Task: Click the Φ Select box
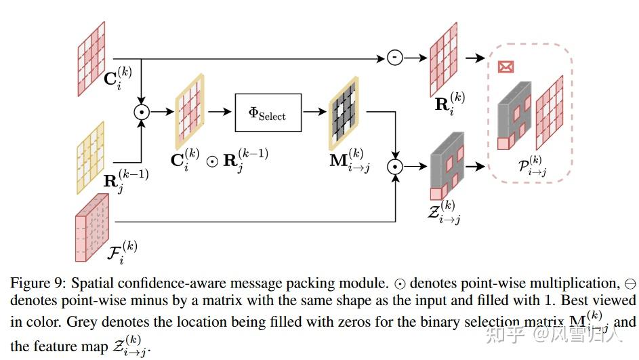(268, 113)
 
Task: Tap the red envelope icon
(505, 66)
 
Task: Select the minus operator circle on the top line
(394, 58)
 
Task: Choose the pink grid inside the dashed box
(550, 112)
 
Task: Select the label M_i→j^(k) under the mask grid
(350, 161)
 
